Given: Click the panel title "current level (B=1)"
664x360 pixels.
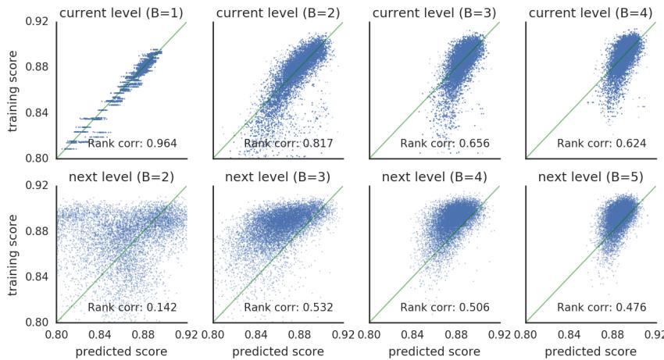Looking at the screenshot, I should click(121, 12).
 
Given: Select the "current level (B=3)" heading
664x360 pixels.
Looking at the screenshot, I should click(434, 12).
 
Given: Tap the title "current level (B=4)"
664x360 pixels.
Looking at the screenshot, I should click(591, 12).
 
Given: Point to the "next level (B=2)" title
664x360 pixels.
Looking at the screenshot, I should click(121, 176).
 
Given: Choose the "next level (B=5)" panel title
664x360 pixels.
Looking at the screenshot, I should click(591, 176).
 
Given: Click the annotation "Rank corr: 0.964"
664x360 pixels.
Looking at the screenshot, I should click(132, 144).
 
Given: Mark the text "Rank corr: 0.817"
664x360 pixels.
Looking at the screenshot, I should click(288, 144).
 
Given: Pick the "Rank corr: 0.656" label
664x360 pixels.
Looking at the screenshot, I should click(444, 144).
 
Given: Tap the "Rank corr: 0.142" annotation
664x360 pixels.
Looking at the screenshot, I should click(132, 308).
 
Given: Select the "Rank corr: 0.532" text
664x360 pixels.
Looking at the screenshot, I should click(288, 308).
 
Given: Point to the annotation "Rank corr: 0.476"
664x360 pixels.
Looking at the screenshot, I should click(601, 308).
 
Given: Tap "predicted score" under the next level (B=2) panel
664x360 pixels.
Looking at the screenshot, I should click(121, 351).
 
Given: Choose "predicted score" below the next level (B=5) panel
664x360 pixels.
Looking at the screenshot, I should click(591, 351).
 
